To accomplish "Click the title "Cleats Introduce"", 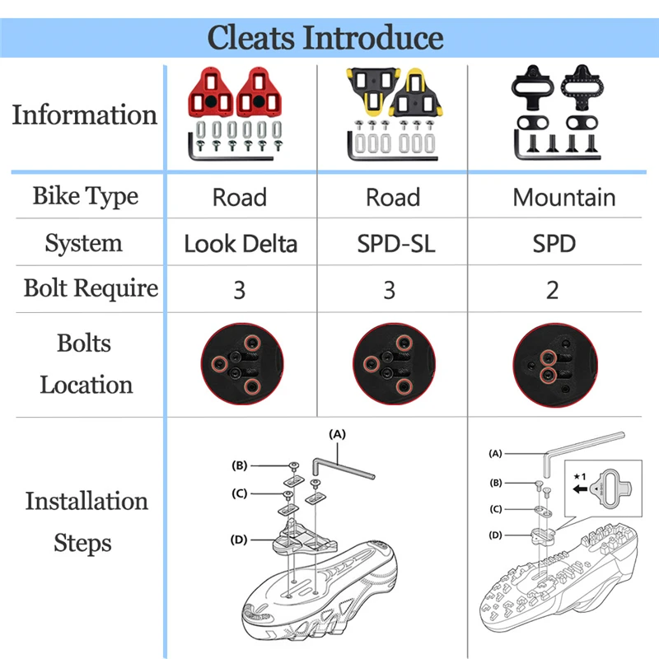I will (325, 38).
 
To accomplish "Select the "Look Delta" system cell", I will (240, 244).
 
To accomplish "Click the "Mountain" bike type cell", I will (563, 198).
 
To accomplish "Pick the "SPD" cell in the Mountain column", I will (553, 244).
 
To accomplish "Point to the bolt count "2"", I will (553, 289).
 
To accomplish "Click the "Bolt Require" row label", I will (91, 288).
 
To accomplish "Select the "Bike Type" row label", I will (86, 197).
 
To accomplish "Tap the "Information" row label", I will (84, 115).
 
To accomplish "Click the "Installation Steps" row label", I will (86, 521).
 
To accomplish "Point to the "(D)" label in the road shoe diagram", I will (239, 540).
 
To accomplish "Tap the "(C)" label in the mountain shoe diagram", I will (496, 509).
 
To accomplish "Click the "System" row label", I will (84, 244).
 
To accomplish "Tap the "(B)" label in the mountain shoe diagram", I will (496, 483).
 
